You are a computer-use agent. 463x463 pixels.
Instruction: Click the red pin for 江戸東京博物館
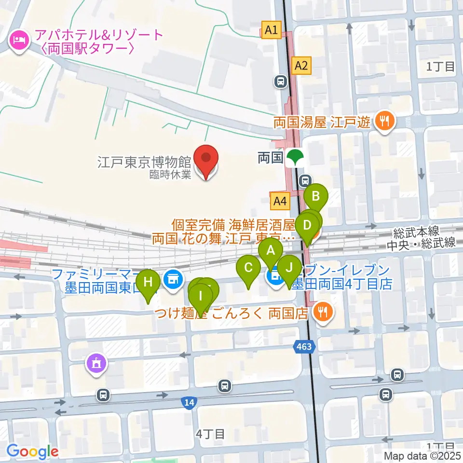206,158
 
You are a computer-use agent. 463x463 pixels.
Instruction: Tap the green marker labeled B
316,196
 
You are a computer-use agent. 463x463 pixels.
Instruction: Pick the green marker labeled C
248,268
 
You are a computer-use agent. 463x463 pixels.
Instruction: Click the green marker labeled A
271,251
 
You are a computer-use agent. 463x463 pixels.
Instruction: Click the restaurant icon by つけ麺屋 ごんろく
321,313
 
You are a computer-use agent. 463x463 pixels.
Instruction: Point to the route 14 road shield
190,402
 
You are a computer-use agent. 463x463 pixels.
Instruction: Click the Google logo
32,451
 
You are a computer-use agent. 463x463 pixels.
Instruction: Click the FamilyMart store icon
172,279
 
